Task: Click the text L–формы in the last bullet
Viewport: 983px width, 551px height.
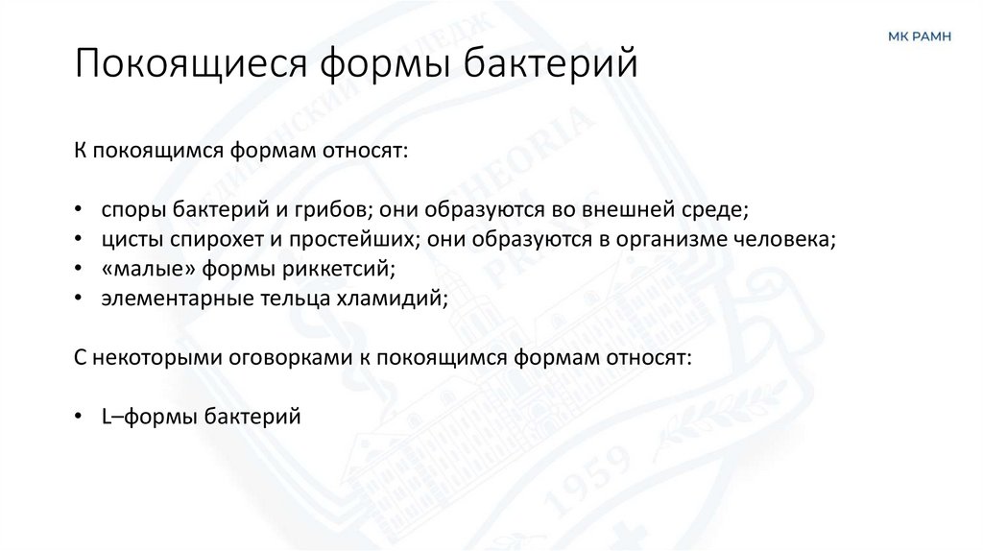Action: tap(144, 417)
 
